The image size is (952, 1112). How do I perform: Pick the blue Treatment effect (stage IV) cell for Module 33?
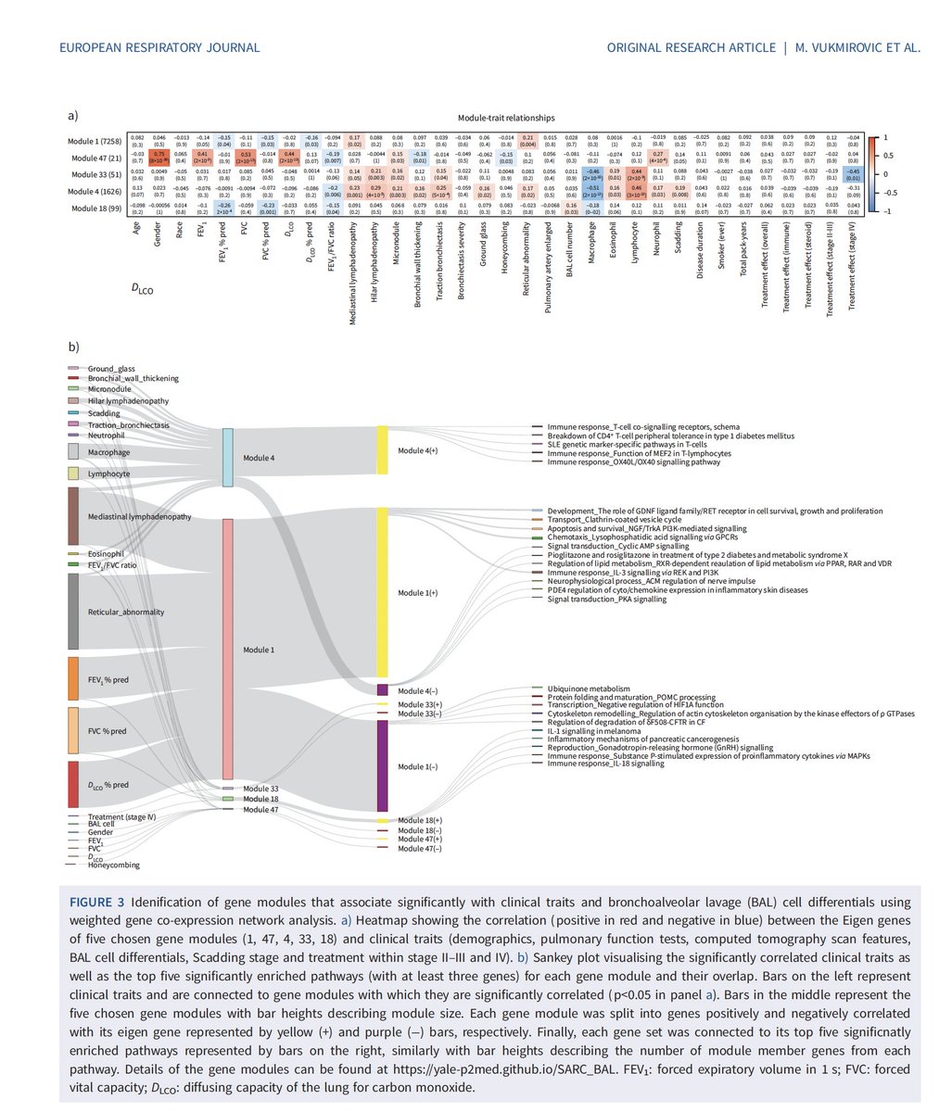pos(852,175)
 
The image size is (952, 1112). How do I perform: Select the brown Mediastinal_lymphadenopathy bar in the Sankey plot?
pos(73,515)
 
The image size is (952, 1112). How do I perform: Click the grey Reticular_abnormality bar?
pos(73,612)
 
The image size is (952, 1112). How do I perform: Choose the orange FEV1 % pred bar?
pos(73,679)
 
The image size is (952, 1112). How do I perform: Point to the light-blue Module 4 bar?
pos(227,458)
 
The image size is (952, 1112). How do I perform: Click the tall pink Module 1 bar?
pos(227,649)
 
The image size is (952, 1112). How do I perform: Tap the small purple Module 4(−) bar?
pos(382,690)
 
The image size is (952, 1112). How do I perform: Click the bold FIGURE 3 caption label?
pos(100,902)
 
